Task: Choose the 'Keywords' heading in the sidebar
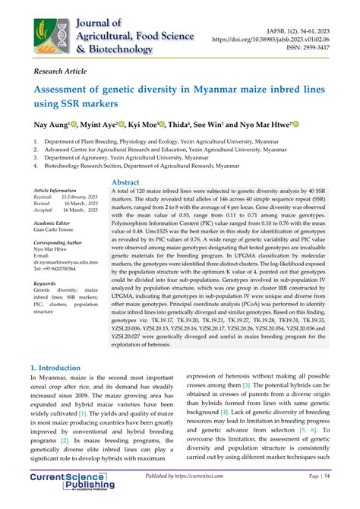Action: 45,283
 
